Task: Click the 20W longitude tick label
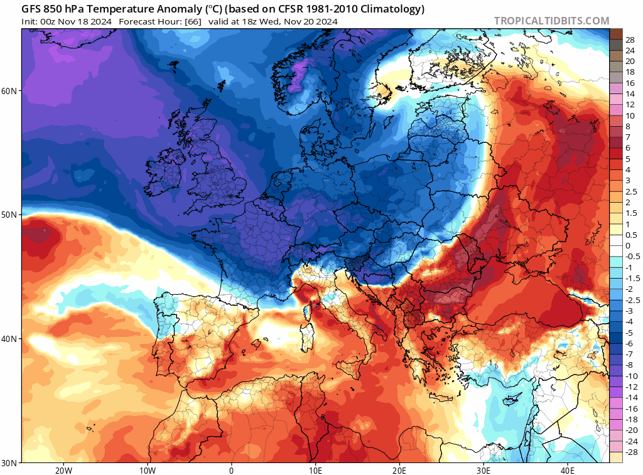pyautogui.click(x=63, y=470)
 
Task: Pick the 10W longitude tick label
pyautogui.click(x=147, y=470)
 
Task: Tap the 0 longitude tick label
pyautogui.click(x=231, y=470)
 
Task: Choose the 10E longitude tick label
pyautogui.click(x=315, y=470)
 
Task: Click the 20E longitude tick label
pyautogui.click(x=399, y=470)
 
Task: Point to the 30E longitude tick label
pyautogui.click(x=484, y=470)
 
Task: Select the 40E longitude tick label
pyautogui.click(x=568, y=470)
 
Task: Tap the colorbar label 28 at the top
pyautogui.click(x=630, y=40)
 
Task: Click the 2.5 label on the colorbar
pyautogui.click(x=630, y=192)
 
